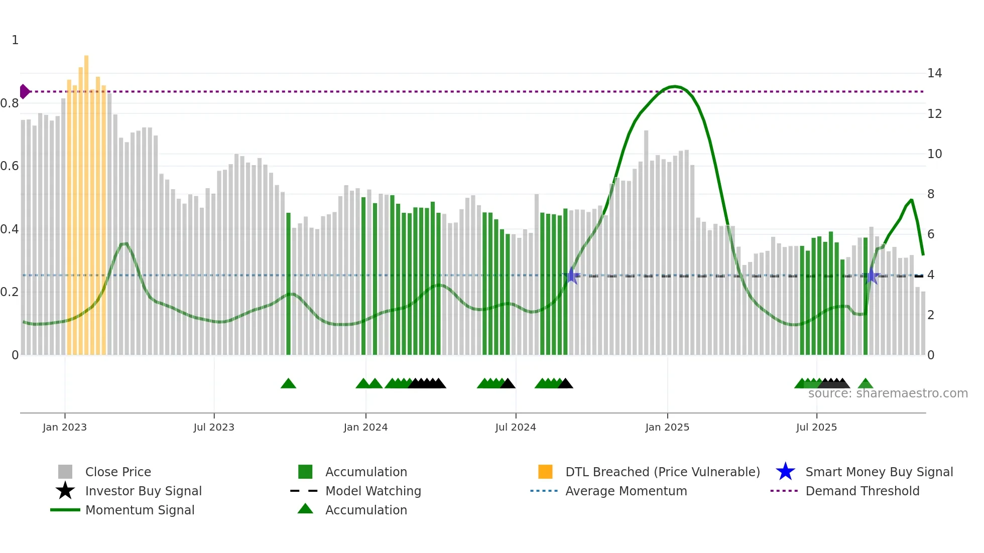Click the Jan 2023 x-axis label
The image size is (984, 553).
(x=64, y=427)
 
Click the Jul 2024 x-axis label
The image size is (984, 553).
(x=515, y=427)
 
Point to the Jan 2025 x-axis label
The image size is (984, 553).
(x=667, y=427)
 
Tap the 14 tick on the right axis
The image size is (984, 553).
(x=934, y=73)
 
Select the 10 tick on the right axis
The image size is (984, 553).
(x=934, y=154)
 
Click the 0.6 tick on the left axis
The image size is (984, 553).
(x=10, y=166)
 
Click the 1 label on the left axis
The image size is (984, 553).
(x=15, y=40)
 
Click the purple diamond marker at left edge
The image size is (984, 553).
(x=24, y=91)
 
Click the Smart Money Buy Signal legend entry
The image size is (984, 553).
(x=879, y=472)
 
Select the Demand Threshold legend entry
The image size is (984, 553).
(x=862, y=491)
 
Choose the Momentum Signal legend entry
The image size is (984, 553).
(x=140, y=510)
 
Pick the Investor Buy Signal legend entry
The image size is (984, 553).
(x=143, y=491)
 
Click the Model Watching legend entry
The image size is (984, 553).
(x=373, y=491)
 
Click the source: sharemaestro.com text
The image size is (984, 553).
(x=888, y=393)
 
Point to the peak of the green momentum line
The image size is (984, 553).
(x=674, y=86)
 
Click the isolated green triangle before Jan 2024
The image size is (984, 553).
(x=288, y=384)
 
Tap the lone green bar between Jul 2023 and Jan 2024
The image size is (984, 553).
(x=288, y=284)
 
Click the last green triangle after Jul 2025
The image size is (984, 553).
(x=865, y=384)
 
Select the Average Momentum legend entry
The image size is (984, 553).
(x=626, y=491)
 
